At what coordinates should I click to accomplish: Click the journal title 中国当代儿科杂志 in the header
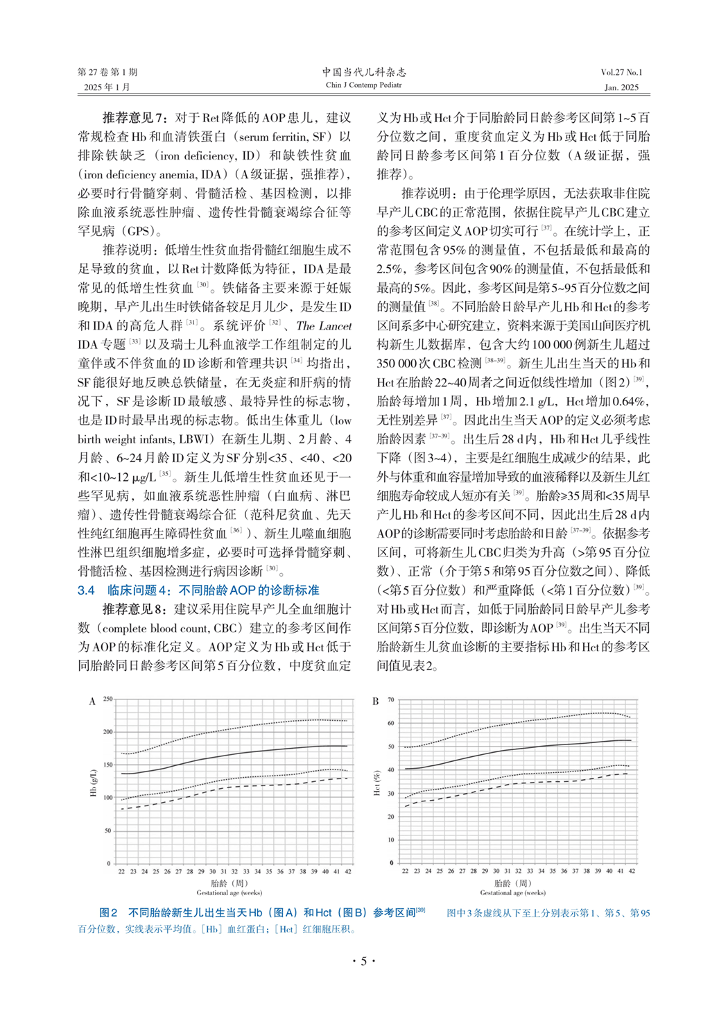tap(363, 71)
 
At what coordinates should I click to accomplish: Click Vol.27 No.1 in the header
tap(621, 72)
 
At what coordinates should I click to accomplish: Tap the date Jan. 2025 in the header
tap(621, 87)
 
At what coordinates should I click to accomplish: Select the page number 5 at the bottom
tap(363, 961)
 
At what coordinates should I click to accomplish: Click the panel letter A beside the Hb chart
tap(92, 701)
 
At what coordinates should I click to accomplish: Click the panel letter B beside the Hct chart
tap(375, 701)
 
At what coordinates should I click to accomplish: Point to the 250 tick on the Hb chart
tap(107, 699)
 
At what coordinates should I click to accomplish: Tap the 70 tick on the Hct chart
tap(391, 700)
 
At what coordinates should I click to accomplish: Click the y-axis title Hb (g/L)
tap(94, 782)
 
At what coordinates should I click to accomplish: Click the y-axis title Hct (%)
tap(376, 783)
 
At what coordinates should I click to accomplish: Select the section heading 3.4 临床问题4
tap(198, 590)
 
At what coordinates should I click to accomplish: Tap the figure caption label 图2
tap(108, 913)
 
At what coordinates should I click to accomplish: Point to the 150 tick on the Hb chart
tap(107, 765)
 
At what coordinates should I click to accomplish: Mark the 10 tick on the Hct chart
tap(391, 840)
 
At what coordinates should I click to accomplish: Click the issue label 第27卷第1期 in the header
tap(107, 72)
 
